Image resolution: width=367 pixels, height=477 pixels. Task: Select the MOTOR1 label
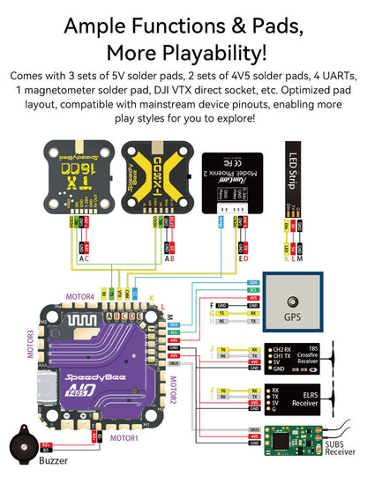pyautogui.click(x=124, y=437)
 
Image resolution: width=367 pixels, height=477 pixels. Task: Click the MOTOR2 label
pyautogui.click(x=173, y=392)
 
